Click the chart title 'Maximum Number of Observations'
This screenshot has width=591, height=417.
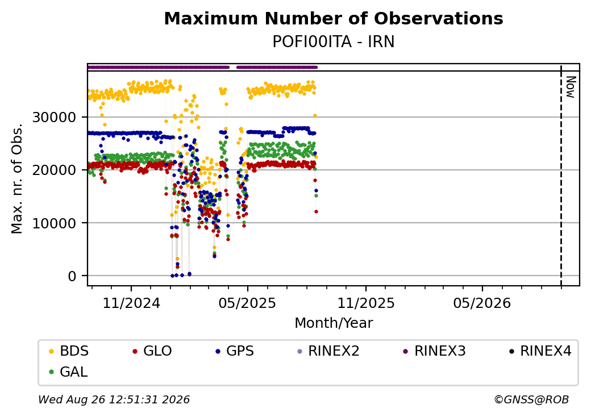(334, 18)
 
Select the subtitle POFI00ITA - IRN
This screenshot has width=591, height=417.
(334, 42)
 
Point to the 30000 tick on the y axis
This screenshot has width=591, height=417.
(55, 118)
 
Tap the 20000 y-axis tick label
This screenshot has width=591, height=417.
(55, 170)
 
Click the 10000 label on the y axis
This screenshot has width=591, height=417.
(55, 223)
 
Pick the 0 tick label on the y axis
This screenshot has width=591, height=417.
(72, 276)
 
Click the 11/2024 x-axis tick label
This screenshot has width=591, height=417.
(131, 303)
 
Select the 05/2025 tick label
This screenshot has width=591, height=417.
(247, 303)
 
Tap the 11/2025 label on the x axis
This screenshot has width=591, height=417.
(365, 303)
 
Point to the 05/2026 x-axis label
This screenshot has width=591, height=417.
(482, 303)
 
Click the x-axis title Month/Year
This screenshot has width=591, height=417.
(334, 323)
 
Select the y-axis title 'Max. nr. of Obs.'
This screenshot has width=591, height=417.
(17, 178)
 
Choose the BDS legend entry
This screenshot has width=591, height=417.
(69, 351)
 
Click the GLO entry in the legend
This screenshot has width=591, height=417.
(152, 351)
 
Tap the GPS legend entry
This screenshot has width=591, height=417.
(235, 351)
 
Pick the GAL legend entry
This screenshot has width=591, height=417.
(69, 372)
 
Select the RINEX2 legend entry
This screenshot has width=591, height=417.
(328, 351)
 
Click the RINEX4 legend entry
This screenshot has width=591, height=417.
(540, 351)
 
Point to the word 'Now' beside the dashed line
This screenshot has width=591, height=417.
(571, 87)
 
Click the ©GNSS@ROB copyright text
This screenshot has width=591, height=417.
(531, 399)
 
